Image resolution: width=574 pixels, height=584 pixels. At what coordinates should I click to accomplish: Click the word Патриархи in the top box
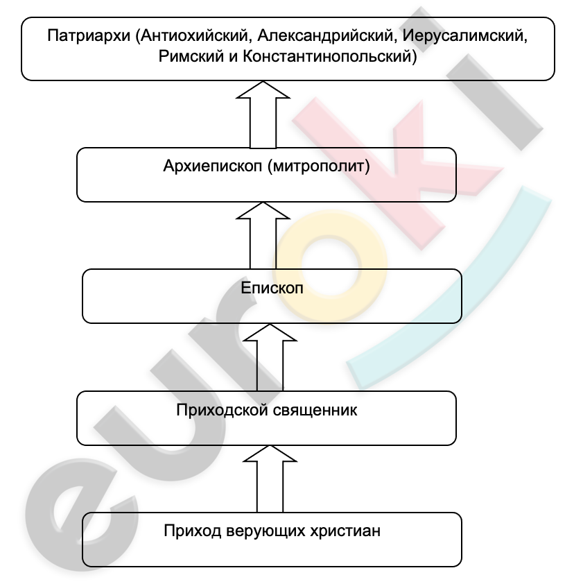(89, 36)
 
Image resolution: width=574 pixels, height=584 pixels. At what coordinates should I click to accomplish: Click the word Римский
(191, 56)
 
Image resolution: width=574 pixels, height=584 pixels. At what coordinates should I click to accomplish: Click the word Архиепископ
(213, 166)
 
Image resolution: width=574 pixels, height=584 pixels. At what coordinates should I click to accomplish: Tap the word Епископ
(272, 288)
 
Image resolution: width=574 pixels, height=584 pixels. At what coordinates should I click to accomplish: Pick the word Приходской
(223, 410)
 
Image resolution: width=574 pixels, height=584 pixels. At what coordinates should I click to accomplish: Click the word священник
(315, 411)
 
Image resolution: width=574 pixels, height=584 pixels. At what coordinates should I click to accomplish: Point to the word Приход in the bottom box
(193, 531)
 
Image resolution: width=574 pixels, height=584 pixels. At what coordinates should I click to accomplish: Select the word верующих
(266, 531)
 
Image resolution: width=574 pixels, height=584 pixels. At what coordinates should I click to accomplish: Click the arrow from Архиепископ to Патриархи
(263, 114)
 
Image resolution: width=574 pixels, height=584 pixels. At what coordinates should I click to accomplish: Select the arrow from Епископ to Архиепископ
(263, 235)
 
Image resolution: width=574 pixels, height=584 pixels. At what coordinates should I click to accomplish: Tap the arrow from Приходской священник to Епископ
(270, 357)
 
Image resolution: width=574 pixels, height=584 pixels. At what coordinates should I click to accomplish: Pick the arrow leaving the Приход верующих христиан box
(270, 479)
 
